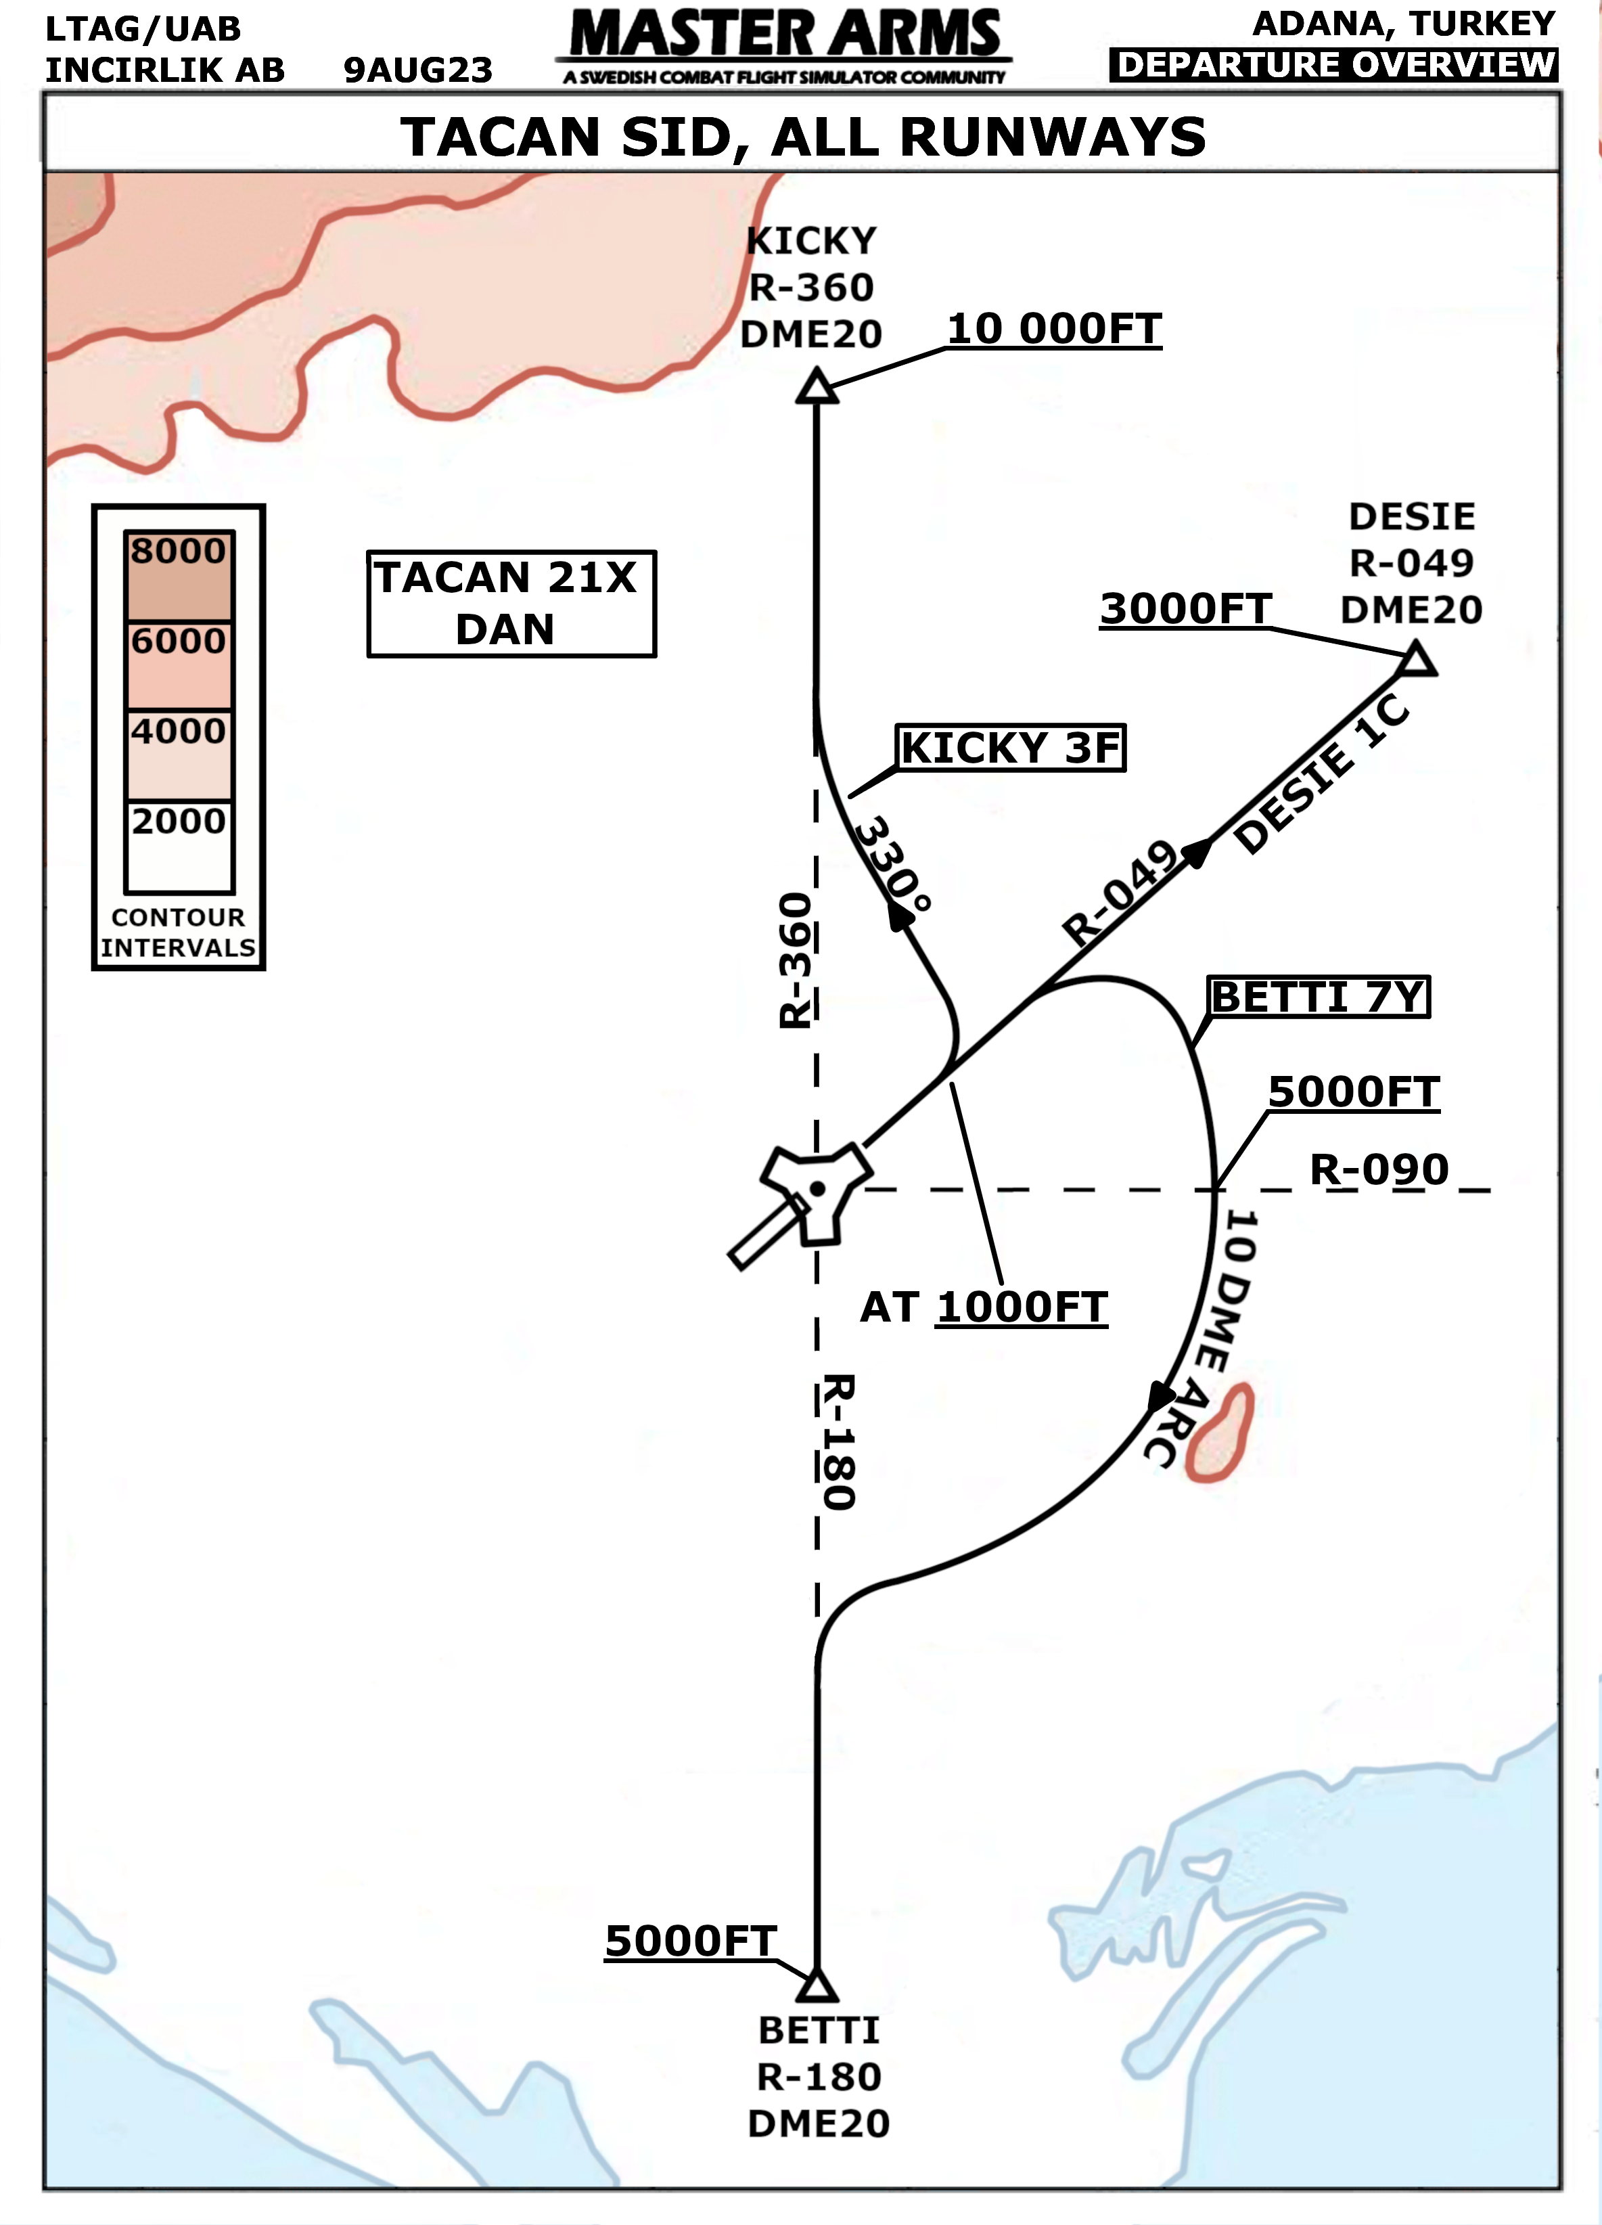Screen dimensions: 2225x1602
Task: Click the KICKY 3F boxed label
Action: (x=1011, y=748)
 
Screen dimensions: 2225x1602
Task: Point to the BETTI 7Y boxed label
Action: (x=1319, y=997)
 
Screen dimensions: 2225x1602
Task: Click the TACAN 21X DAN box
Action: (x=511, y=604)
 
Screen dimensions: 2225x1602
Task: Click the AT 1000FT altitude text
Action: (x=984, y=1307)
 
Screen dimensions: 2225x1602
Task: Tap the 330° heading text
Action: (x=893, y=863)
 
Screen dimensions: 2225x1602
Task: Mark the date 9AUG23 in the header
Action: (x=418, y=70)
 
